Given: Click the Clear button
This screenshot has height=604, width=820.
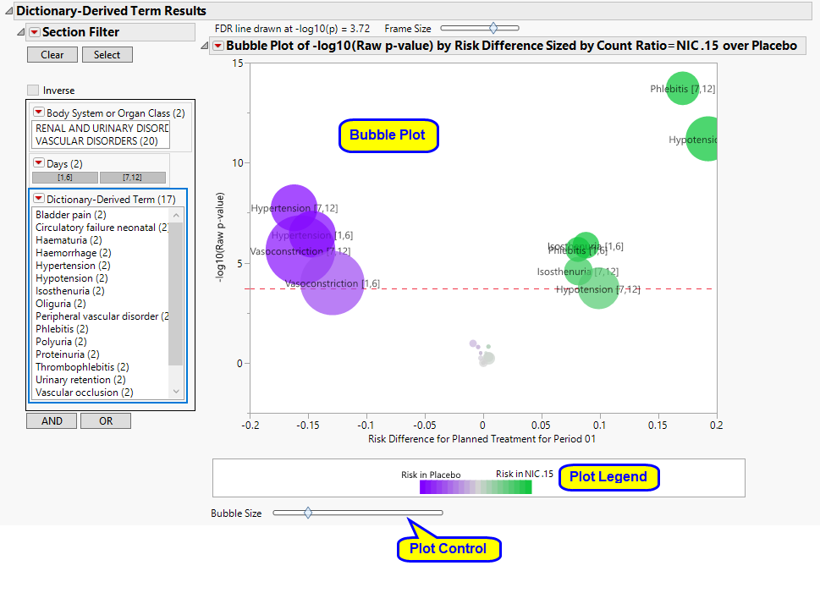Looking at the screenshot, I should click(52, 55).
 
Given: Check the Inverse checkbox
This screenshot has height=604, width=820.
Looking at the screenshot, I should click(33, 91).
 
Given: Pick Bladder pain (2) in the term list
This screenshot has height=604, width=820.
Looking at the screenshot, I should click(71, 215).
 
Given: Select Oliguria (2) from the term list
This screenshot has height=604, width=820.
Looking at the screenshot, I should click(60, 304).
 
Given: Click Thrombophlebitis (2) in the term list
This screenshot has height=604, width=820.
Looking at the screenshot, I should click(82, 367).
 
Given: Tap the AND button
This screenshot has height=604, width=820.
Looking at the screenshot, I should click(52, 421).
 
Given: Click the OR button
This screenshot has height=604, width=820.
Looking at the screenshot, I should click(106, 421).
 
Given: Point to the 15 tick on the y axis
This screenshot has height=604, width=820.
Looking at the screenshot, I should click(238, 63).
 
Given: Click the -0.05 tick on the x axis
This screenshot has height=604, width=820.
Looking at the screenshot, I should click(425, 424).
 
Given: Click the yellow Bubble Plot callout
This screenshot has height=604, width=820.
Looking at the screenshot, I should click(388, 135).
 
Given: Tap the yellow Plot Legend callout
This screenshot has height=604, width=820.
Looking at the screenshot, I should click(608, 477).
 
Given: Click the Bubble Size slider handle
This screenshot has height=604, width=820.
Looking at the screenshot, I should click(308, 513).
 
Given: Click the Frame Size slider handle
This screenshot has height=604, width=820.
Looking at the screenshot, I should click(493, 29).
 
